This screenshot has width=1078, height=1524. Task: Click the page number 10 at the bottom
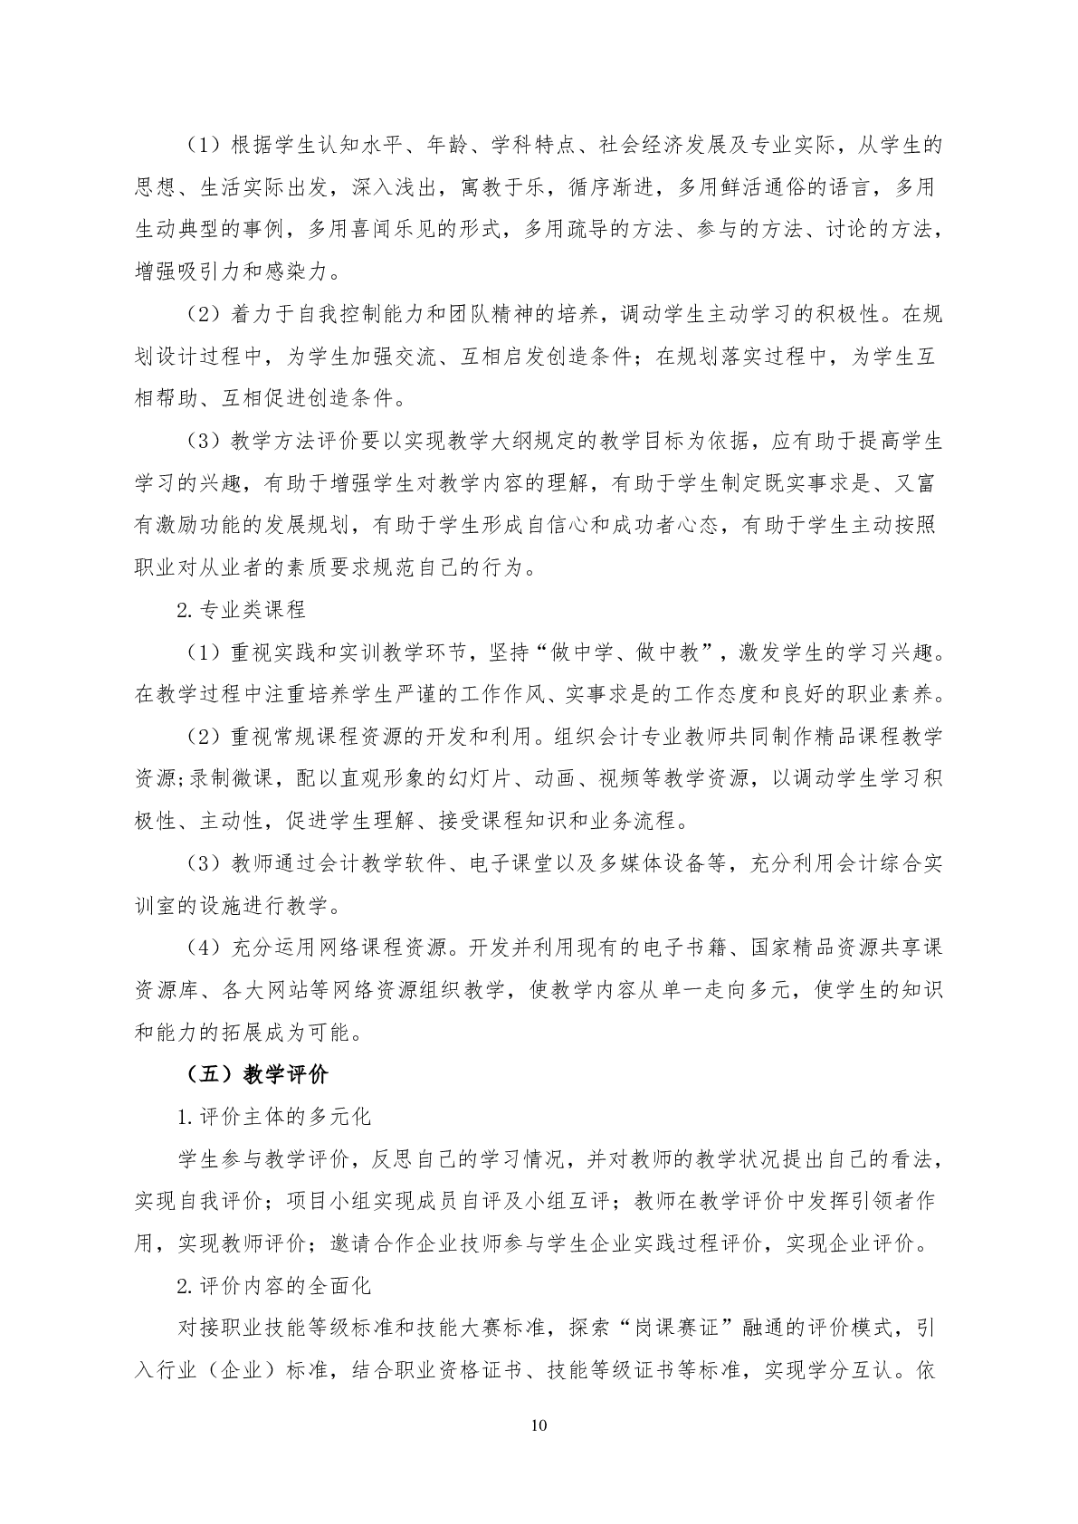(539, 1425)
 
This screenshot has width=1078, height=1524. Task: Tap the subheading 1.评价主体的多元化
(273, 1117)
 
